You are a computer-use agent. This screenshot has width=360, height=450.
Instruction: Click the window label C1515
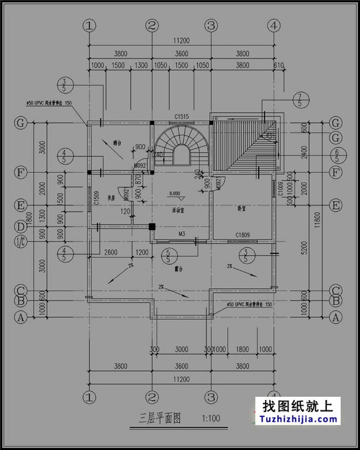pyautogui.click(x=182, y=116)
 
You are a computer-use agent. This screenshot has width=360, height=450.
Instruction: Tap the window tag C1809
pyautogui.click(x=243, y=235)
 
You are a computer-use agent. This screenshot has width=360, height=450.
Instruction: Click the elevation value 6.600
pyautogui.click(x=175, y=194)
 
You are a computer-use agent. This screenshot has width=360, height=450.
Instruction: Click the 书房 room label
pyautogui.click(x=111, y=197)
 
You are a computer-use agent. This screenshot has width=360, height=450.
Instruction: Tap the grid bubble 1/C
pyautogui.click(x=20, y=241)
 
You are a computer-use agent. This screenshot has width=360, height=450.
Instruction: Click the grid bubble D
pyautogui.click(x=20, y=227)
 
